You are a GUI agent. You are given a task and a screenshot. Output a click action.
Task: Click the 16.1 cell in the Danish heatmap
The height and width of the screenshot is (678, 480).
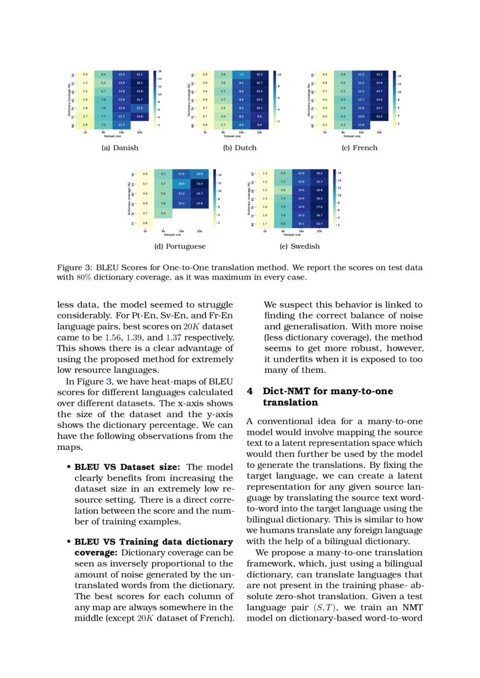139,83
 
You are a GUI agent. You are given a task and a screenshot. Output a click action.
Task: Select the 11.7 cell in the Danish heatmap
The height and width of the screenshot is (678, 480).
121,125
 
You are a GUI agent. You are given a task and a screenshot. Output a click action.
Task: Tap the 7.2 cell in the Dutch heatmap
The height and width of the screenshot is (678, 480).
241,75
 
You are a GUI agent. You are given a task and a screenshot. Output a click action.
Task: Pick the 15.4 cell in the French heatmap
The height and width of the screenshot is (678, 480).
379,117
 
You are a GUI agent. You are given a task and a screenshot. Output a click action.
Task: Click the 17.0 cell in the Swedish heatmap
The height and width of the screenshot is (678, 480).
319,206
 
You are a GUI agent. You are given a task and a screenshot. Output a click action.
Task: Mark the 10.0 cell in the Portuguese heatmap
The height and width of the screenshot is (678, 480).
182,183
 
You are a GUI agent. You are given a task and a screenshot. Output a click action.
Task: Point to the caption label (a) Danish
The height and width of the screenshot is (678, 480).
120,148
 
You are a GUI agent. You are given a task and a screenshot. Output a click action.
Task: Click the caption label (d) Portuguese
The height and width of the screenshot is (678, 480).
180,246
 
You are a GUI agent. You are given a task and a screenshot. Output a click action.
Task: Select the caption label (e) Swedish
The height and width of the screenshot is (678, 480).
299,246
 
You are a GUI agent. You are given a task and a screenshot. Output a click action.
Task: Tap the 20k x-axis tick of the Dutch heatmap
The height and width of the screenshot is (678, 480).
259,132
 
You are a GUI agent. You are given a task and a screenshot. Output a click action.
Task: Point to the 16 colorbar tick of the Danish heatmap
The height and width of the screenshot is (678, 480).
159,71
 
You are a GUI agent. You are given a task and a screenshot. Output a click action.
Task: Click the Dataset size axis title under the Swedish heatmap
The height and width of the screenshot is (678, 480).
292,235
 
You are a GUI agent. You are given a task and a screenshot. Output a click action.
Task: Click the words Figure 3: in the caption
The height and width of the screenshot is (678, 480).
75,268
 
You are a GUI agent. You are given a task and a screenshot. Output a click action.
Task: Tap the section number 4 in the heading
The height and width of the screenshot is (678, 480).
250,391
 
